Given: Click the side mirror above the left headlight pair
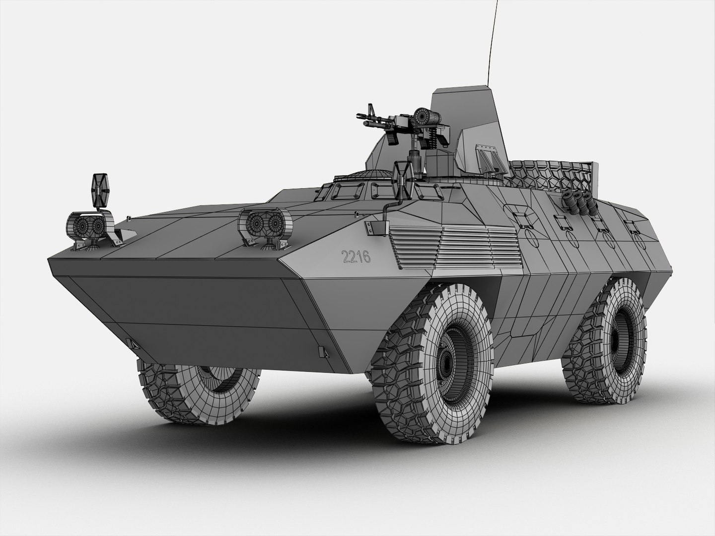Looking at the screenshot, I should click(x=100, y=191).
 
